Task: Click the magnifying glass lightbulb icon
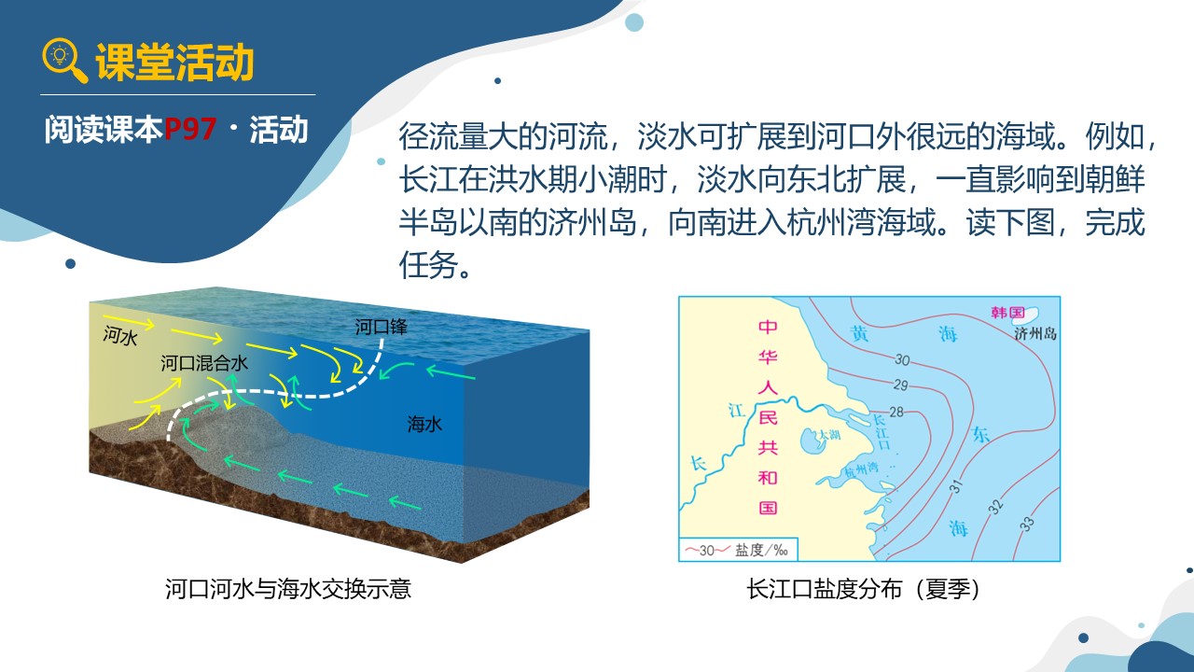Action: [x=64, y=61]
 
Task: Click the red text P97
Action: [x=189, y=129]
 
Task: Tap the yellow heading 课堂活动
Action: [x=174, y=63]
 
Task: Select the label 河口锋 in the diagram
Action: [x=382, y=327]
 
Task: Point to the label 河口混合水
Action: [x=204, y=363]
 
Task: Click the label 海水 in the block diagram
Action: [x=424, y=425]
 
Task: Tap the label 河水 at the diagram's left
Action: [x=120, y=336]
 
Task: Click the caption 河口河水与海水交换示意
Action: [x=288, y=589]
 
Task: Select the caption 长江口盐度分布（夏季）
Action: [x=863, y=589]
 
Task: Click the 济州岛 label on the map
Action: [x=1035, y=334]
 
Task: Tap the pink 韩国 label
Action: [x=1007, y=313]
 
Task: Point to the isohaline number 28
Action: [x=896, y=412]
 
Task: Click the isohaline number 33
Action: [x=1027, y=524]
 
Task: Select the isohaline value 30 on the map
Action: [x=902, y=360]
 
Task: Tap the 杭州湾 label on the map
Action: [x=861, y=469]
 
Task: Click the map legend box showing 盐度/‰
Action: [x=739, y=550]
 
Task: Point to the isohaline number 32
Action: [x=995, y=506]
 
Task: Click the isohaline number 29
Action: [x=900, y=385]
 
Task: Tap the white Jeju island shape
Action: [x=1032, y=313]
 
